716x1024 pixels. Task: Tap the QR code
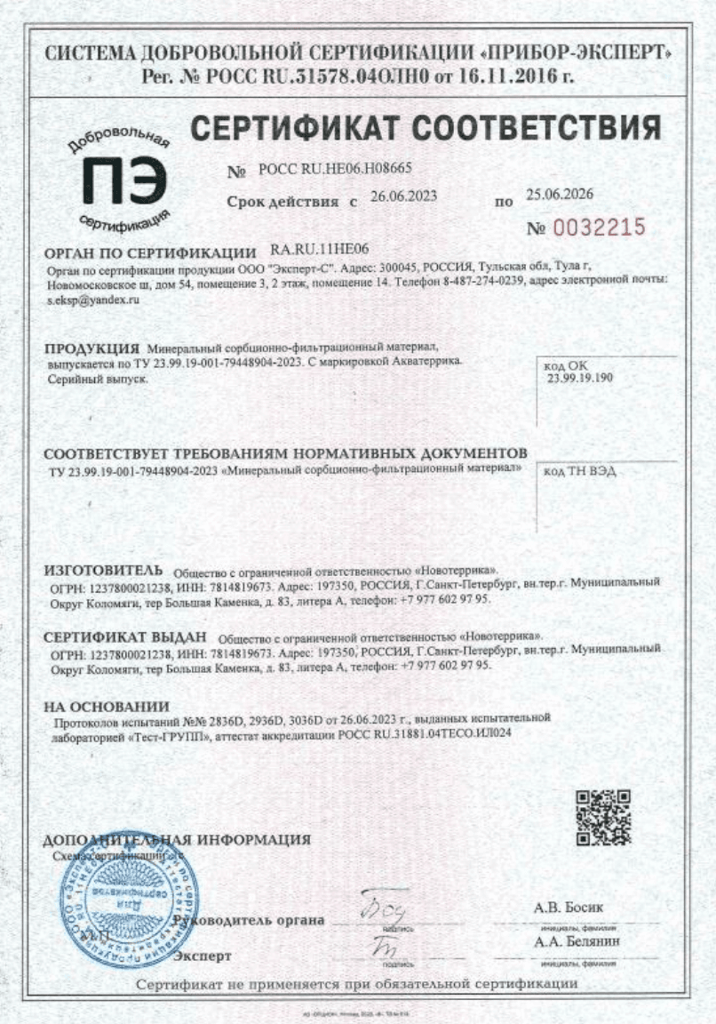tap(603, 816)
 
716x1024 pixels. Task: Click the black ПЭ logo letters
tap(124, 178)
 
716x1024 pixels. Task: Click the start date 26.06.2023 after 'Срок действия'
tap(403, 197)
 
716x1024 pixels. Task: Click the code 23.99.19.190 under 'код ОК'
tap(581, 377)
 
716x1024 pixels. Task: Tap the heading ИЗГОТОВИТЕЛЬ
tap(103, 569)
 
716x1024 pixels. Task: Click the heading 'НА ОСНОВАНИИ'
tap(106, 707)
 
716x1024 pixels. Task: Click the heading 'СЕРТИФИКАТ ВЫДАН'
tap(124, 637)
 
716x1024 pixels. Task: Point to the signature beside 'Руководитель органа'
tap(385, 910)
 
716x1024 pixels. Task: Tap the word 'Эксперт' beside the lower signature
tap(202, 956)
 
